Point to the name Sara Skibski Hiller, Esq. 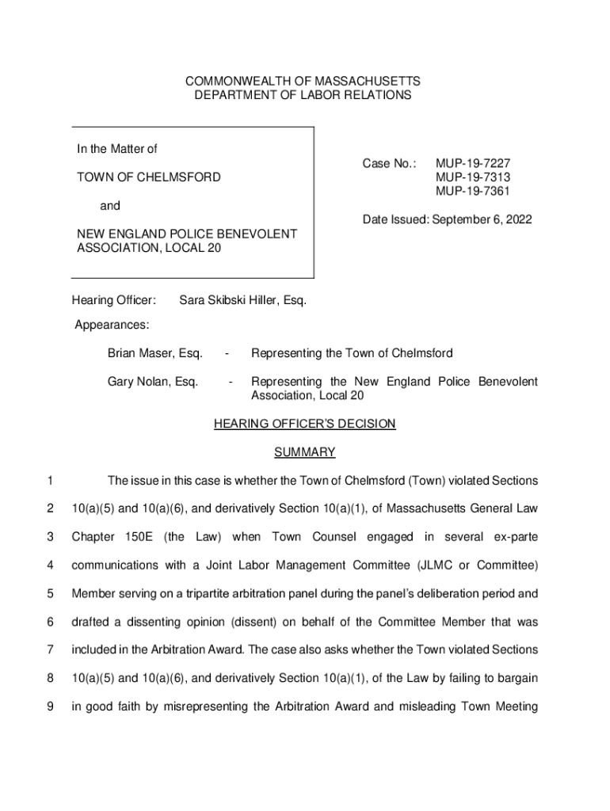[x=242, y=301]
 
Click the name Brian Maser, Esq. [x=155, y=352]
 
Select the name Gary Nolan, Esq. [x=153, y=382]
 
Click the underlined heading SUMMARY [x=305, y=452]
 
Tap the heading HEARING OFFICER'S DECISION [x=305, y=424]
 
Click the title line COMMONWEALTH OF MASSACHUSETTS [x=303, y=82]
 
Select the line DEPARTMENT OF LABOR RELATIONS [x=303, y=96]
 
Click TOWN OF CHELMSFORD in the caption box [x=148, y=177]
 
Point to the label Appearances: [x=112, y=325]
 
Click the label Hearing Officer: [x=114, y=301]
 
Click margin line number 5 [x=50, y=593]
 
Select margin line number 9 [x=50, y=706]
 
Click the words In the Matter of [x=116, y=149]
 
